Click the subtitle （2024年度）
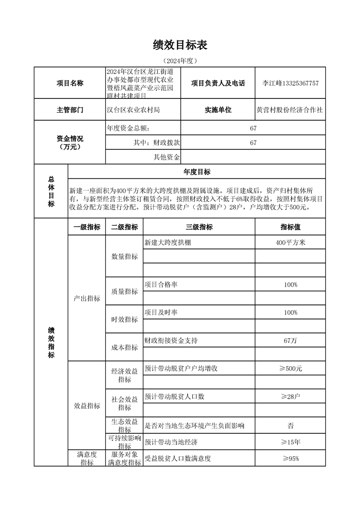(x=180, y=61)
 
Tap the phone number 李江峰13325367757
(x=291, y=83)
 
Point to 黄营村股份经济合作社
(x=290, y=110)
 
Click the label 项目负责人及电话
(x=218, y=83)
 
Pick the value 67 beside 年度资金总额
(x=253, y=128)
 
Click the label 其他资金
(x=167, y=157)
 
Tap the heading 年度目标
(x=197, y=172)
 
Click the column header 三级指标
(x=199, y=227)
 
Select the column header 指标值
(x=291, y=227)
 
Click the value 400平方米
(x=291, y=243)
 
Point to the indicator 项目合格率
(x=161, y=284)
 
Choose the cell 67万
(x=291, y=341)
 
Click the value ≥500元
(x=291, y=369)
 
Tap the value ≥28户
(x=291, y=397)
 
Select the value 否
(x=291, y=426)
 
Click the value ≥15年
(x=291, y=442)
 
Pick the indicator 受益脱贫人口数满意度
(x=178, y=459)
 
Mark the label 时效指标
(x=124, y=319)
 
